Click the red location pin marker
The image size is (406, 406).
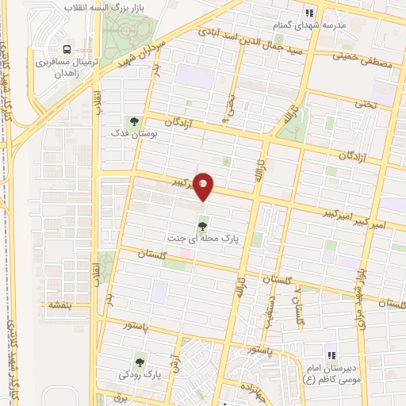point(204,186)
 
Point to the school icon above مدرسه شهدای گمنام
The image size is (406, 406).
point(310,12)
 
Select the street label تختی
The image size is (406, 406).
point(366,104)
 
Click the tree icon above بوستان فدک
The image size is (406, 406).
point(134,121)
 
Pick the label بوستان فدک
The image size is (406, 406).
point(134,135)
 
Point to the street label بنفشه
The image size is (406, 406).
point(60,305)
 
